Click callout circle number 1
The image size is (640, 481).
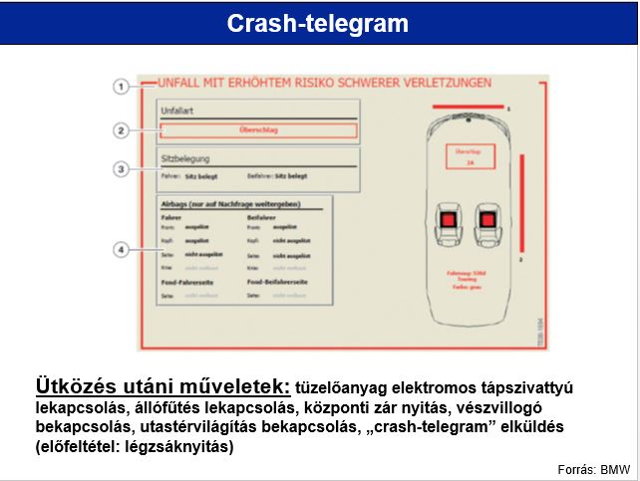[121, 87]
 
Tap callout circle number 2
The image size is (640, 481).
[121, 129]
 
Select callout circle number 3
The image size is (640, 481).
[121, 169]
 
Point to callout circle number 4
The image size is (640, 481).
[121, 249]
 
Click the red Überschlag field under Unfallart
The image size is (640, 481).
[257, 130]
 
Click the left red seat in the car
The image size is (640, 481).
[448, 219]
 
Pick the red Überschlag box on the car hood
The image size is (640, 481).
[468, 160]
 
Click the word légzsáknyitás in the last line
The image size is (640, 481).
[175, 448]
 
